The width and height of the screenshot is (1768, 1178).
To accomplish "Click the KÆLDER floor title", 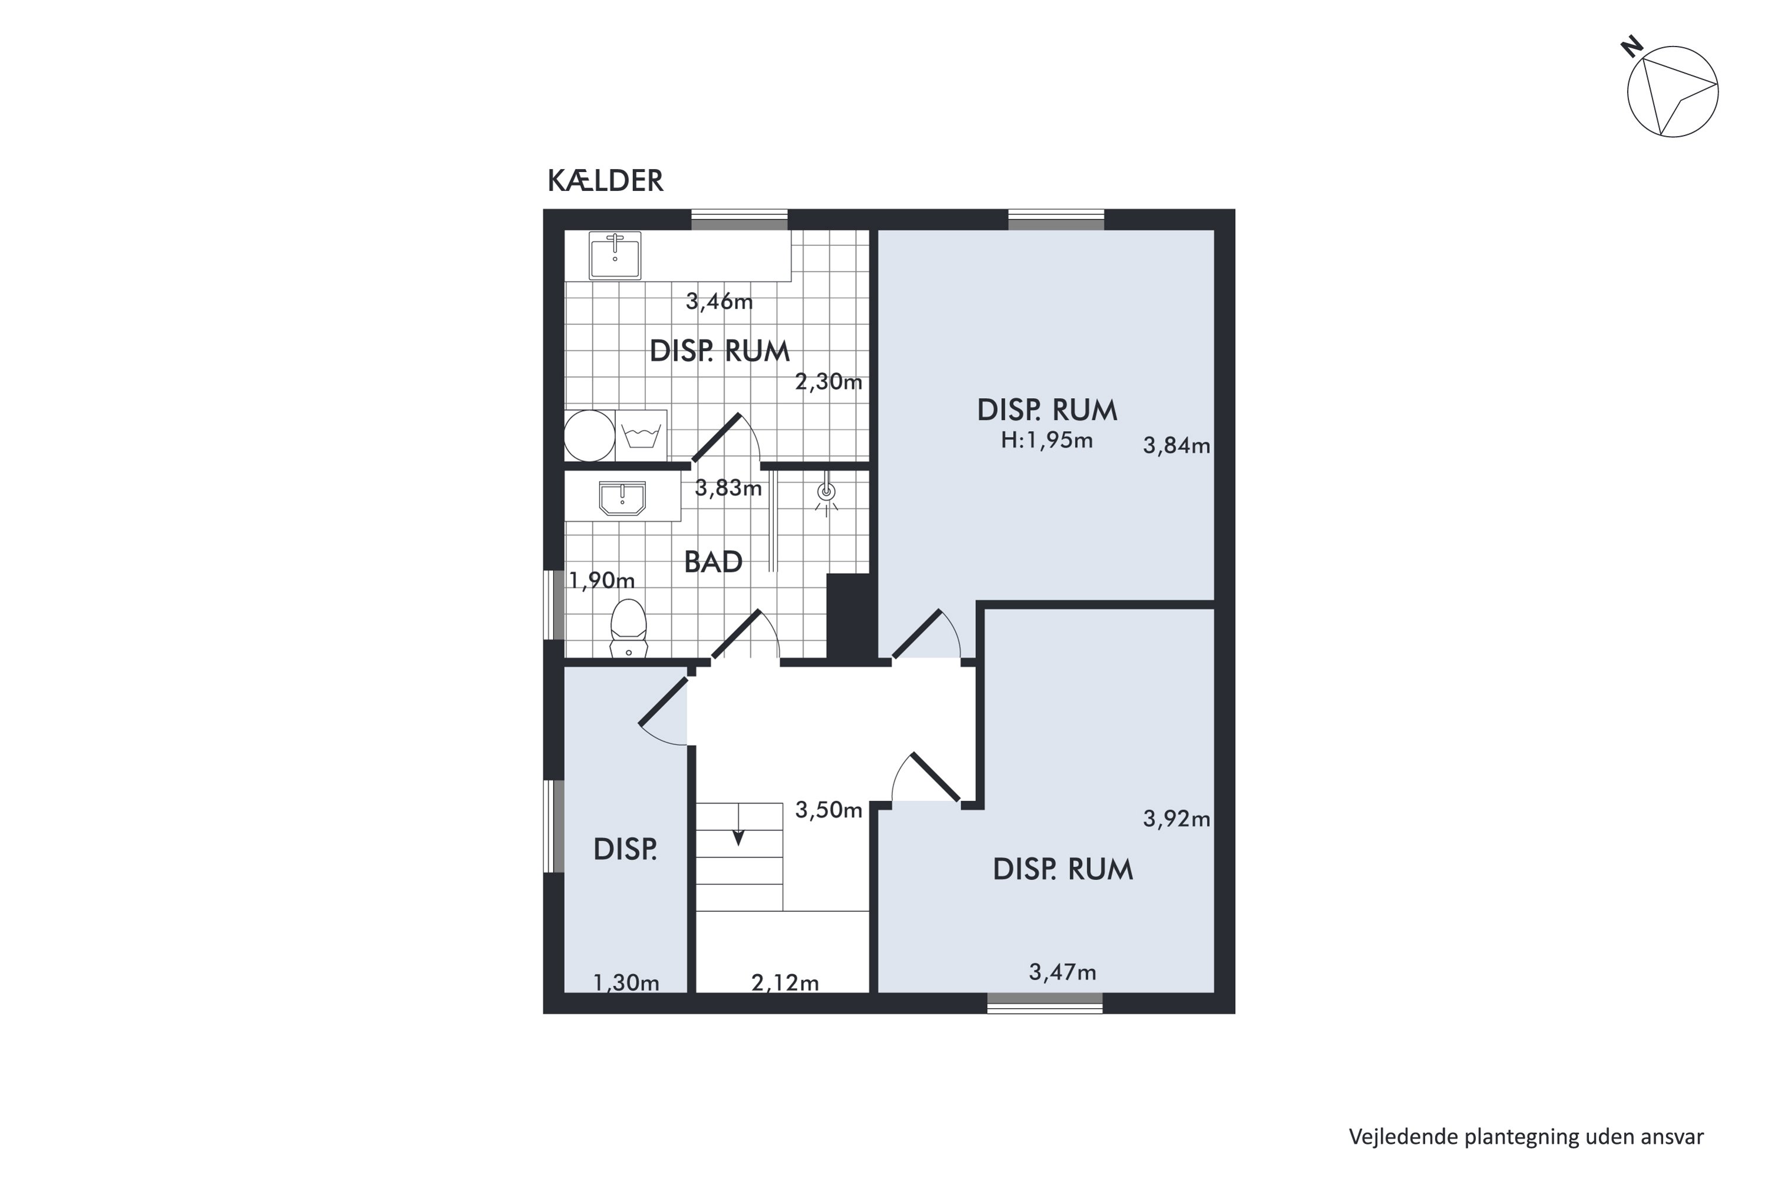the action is (605, 181).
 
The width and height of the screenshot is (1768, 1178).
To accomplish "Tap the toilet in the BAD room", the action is (628, 628).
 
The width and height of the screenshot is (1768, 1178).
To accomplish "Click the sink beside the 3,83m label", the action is (622, 499).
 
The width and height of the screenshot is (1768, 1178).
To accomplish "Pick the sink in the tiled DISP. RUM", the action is (615, 256).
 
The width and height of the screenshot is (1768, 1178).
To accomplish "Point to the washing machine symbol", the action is (641, 436).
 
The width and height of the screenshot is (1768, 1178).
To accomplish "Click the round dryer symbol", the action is (589, 436).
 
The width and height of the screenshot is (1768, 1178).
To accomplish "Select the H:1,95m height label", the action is (1047, 440).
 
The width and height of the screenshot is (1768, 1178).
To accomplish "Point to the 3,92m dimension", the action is (1176, 819).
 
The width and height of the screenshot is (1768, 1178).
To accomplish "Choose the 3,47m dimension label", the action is (1062, 973).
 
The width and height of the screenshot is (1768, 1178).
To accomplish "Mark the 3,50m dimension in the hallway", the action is (829, 810).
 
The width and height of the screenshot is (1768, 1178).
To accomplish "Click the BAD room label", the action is (713, 562).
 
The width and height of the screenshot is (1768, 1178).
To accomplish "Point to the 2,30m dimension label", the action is (829, 382).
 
